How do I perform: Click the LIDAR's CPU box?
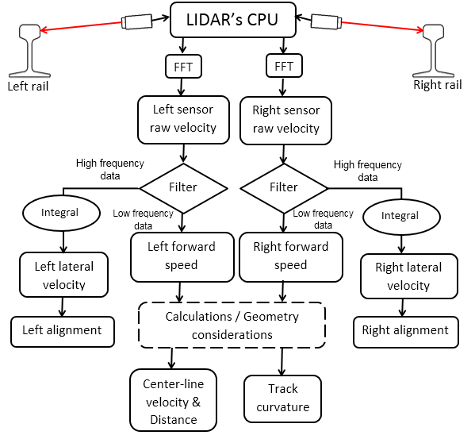point(232,19)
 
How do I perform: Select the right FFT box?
point(284,66)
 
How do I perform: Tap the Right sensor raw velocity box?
point(285,120)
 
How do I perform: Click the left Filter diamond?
point(183,188)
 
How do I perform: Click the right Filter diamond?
point(284,188)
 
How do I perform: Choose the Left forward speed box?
point(181,256)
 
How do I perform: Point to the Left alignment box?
point(62,330)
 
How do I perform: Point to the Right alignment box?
point(405,330)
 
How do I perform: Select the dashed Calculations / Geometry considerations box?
point(231,325)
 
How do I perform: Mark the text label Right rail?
point(437,85)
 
